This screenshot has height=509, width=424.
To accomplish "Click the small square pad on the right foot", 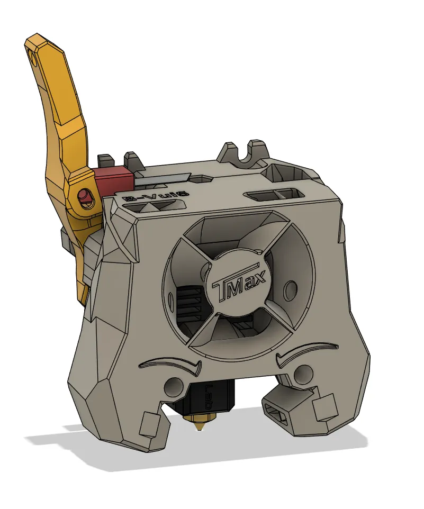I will [x=324, y=408].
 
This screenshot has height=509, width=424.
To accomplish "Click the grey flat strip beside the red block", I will [x=161, y=180].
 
